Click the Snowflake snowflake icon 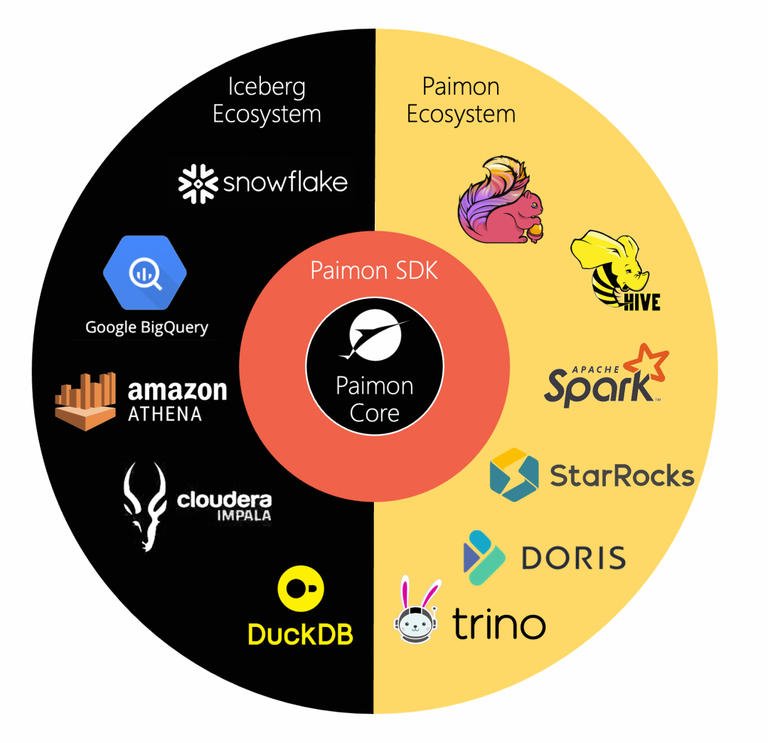tap(197, 182)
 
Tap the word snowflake tap(285, 183)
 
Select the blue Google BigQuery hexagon tap(145, 273)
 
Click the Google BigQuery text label tap(146, 327)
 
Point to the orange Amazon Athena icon tap(85, 400)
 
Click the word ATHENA tap(164, 413)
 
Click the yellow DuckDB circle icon tap(300, 589)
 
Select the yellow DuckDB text tap(300, 633)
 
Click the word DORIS tap(573, 558)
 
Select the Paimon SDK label tap(374, 270)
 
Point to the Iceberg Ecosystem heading tap(267, 100)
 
